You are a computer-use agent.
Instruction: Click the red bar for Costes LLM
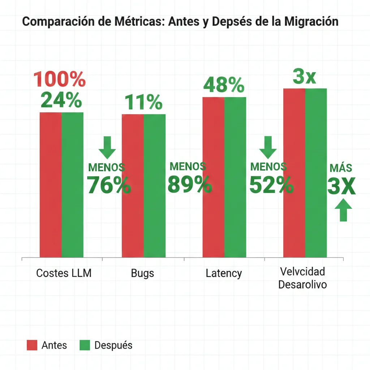point(50,184)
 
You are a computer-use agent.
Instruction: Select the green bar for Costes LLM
point(72,184)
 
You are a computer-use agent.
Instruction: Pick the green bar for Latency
point(235,177)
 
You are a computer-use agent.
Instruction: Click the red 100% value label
point(60,79)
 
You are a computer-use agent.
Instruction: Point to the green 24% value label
point(61,100)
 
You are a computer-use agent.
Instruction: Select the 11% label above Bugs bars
point(143,103)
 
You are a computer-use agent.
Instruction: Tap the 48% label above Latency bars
point(224,85)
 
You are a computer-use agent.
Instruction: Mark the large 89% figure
point(190,185)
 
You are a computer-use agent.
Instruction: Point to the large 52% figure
point(271,185)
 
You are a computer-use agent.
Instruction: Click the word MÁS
point(341,168)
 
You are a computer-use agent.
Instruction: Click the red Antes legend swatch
point(32,345)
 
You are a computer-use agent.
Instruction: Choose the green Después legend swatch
point(84,345)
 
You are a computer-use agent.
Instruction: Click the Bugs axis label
point(142,273)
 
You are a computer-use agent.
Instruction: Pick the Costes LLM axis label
point(64,273)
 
